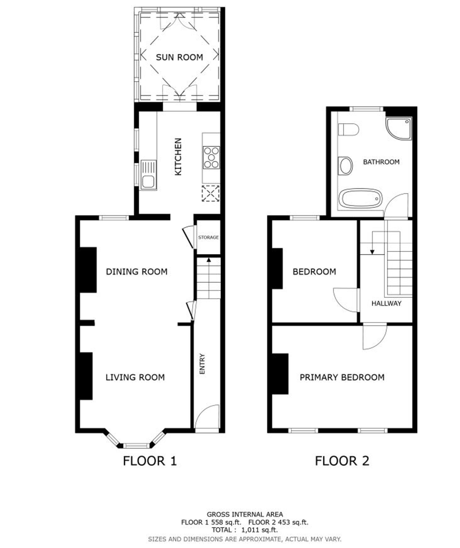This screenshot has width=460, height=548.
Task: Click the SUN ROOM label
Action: pyautogui.click(x=179, y=57)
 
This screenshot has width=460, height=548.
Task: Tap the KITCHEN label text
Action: pyautogui.click(x=178, y=157)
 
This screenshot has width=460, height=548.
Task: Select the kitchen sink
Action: pyautogui.click(x=148, y=175)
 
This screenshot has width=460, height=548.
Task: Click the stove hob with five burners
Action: pyautogui.click(x=211, y=157)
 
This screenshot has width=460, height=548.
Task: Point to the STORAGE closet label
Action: pyautogui.click(x=208, y=237)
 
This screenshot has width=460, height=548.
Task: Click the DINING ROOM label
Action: pyautogui.click(x=137, y=272)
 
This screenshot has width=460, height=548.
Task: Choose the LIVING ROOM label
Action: pyautogui.click(x=135, y=377)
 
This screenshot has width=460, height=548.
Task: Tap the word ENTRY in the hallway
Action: pyautogui.click(x=202, y=364)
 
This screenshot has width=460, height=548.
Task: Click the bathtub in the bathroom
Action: pyautogui.click(x=360, y=199)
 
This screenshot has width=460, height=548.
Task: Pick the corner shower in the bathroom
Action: pyautogui.click(x=399, y=128)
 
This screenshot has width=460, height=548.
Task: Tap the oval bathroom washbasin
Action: pyautogui.click(x=345, y=166)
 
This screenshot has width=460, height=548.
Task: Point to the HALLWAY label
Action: pyautogui.click(x=386, y=303)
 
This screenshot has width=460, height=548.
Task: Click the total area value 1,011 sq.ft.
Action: pyautogui.click(x=259, y=530)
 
